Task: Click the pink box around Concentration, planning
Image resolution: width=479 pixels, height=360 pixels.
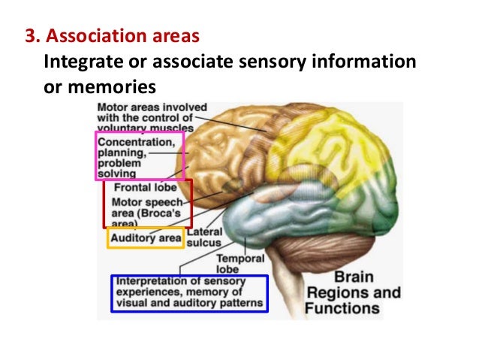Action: click(140, 156)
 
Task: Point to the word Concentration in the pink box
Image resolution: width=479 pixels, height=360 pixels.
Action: click(139, 141)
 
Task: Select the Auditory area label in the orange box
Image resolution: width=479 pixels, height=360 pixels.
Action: click(146, 239)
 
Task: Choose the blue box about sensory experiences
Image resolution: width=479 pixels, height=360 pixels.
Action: click(188, 293)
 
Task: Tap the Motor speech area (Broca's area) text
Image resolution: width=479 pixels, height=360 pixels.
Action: click(148, 212)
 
